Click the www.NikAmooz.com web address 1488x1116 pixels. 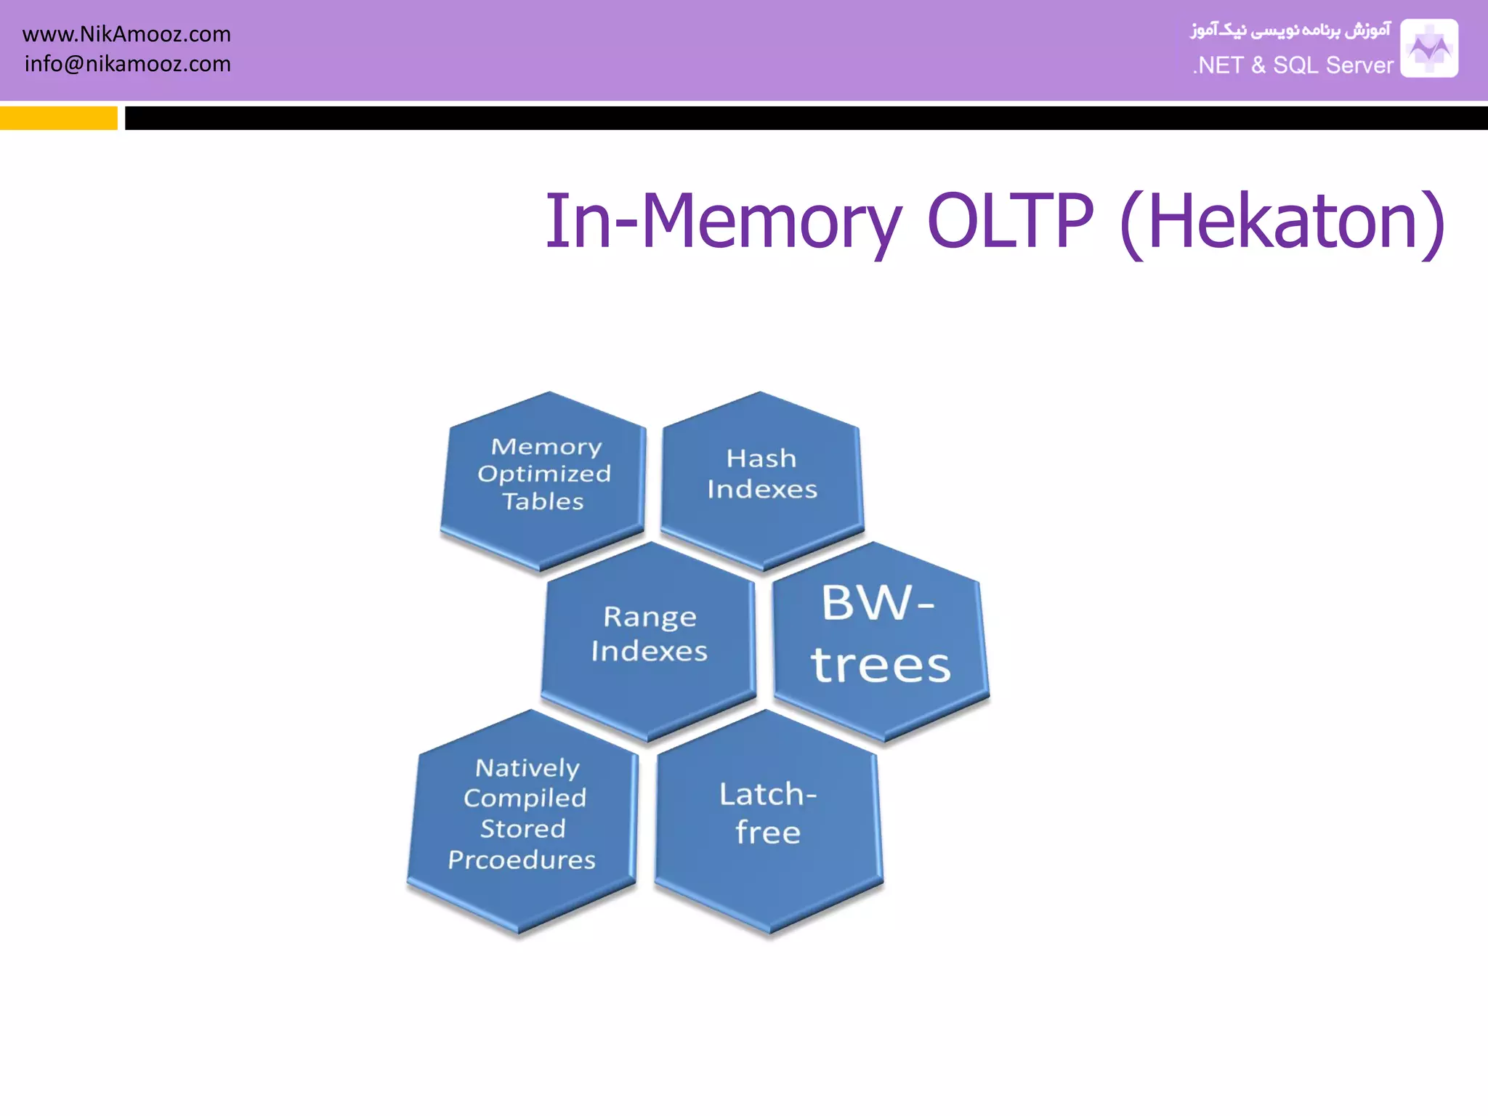tap(126, 34)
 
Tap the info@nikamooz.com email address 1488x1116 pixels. tap(127, 64)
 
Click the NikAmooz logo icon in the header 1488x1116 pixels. tap(1428, 48)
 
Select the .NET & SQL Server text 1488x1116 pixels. tap(1293, 65)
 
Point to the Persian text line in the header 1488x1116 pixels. tap(1290, 31)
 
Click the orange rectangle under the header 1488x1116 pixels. tap(58, 118)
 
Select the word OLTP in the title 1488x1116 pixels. tap(1010, 221)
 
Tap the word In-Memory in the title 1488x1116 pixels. tap(723, 221)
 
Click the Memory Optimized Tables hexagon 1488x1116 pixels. tap(543, 480)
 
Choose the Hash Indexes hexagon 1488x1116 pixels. tap(761, 480)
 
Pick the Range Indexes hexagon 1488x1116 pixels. tap(649, 639)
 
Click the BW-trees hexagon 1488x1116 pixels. tap(881, 639)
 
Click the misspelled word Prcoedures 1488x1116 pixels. tap(521, 860)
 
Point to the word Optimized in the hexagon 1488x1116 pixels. tap(544, 474)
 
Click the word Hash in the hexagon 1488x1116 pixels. tap(761, 458)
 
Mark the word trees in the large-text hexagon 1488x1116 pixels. tap(881, 665)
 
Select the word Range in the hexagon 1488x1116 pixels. tap(650, 618)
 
